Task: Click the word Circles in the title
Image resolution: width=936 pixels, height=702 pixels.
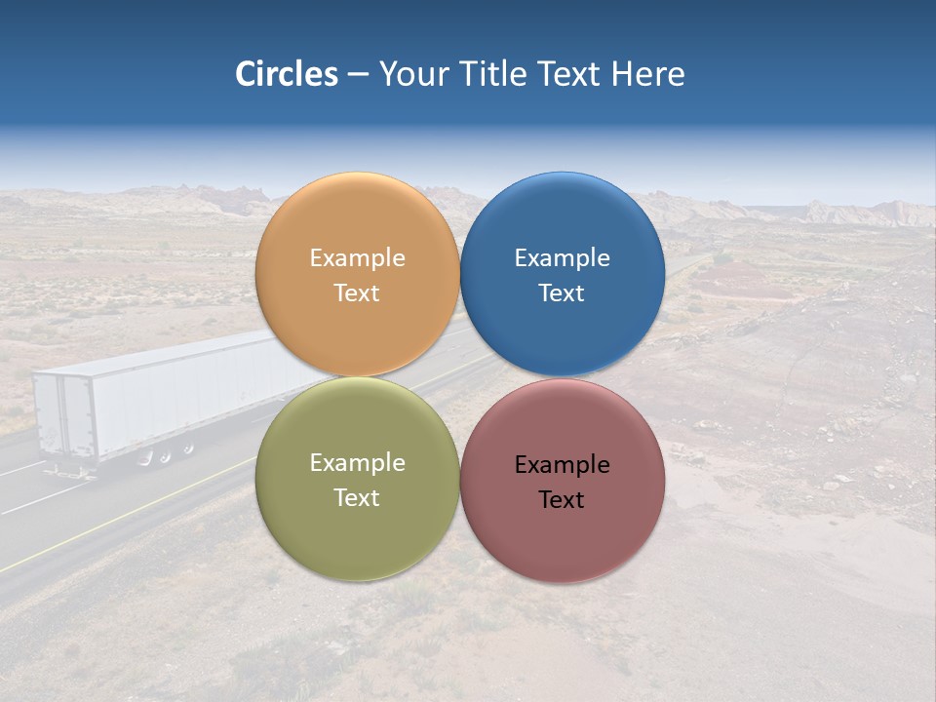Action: pos(286,74)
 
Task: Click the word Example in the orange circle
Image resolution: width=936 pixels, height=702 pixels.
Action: pos(357,258)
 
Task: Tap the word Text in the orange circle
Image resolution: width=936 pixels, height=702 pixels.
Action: pos(357,293)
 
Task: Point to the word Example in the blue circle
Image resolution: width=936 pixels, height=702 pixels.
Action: pos(563,258)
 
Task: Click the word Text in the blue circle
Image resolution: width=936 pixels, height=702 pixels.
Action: pos(563,293)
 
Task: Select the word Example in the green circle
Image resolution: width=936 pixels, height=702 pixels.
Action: pos(357,463)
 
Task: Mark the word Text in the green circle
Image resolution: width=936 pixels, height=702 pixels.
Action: pos(357,498)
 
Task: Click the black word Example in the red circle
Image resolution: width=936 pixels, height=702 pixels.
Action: pos(563,465)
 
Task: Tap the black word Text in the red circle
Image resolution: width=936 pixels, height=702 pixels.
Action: pos(563,500)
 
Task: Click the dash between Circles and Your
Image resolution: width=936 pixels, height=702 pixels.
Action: pos(358,75)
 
